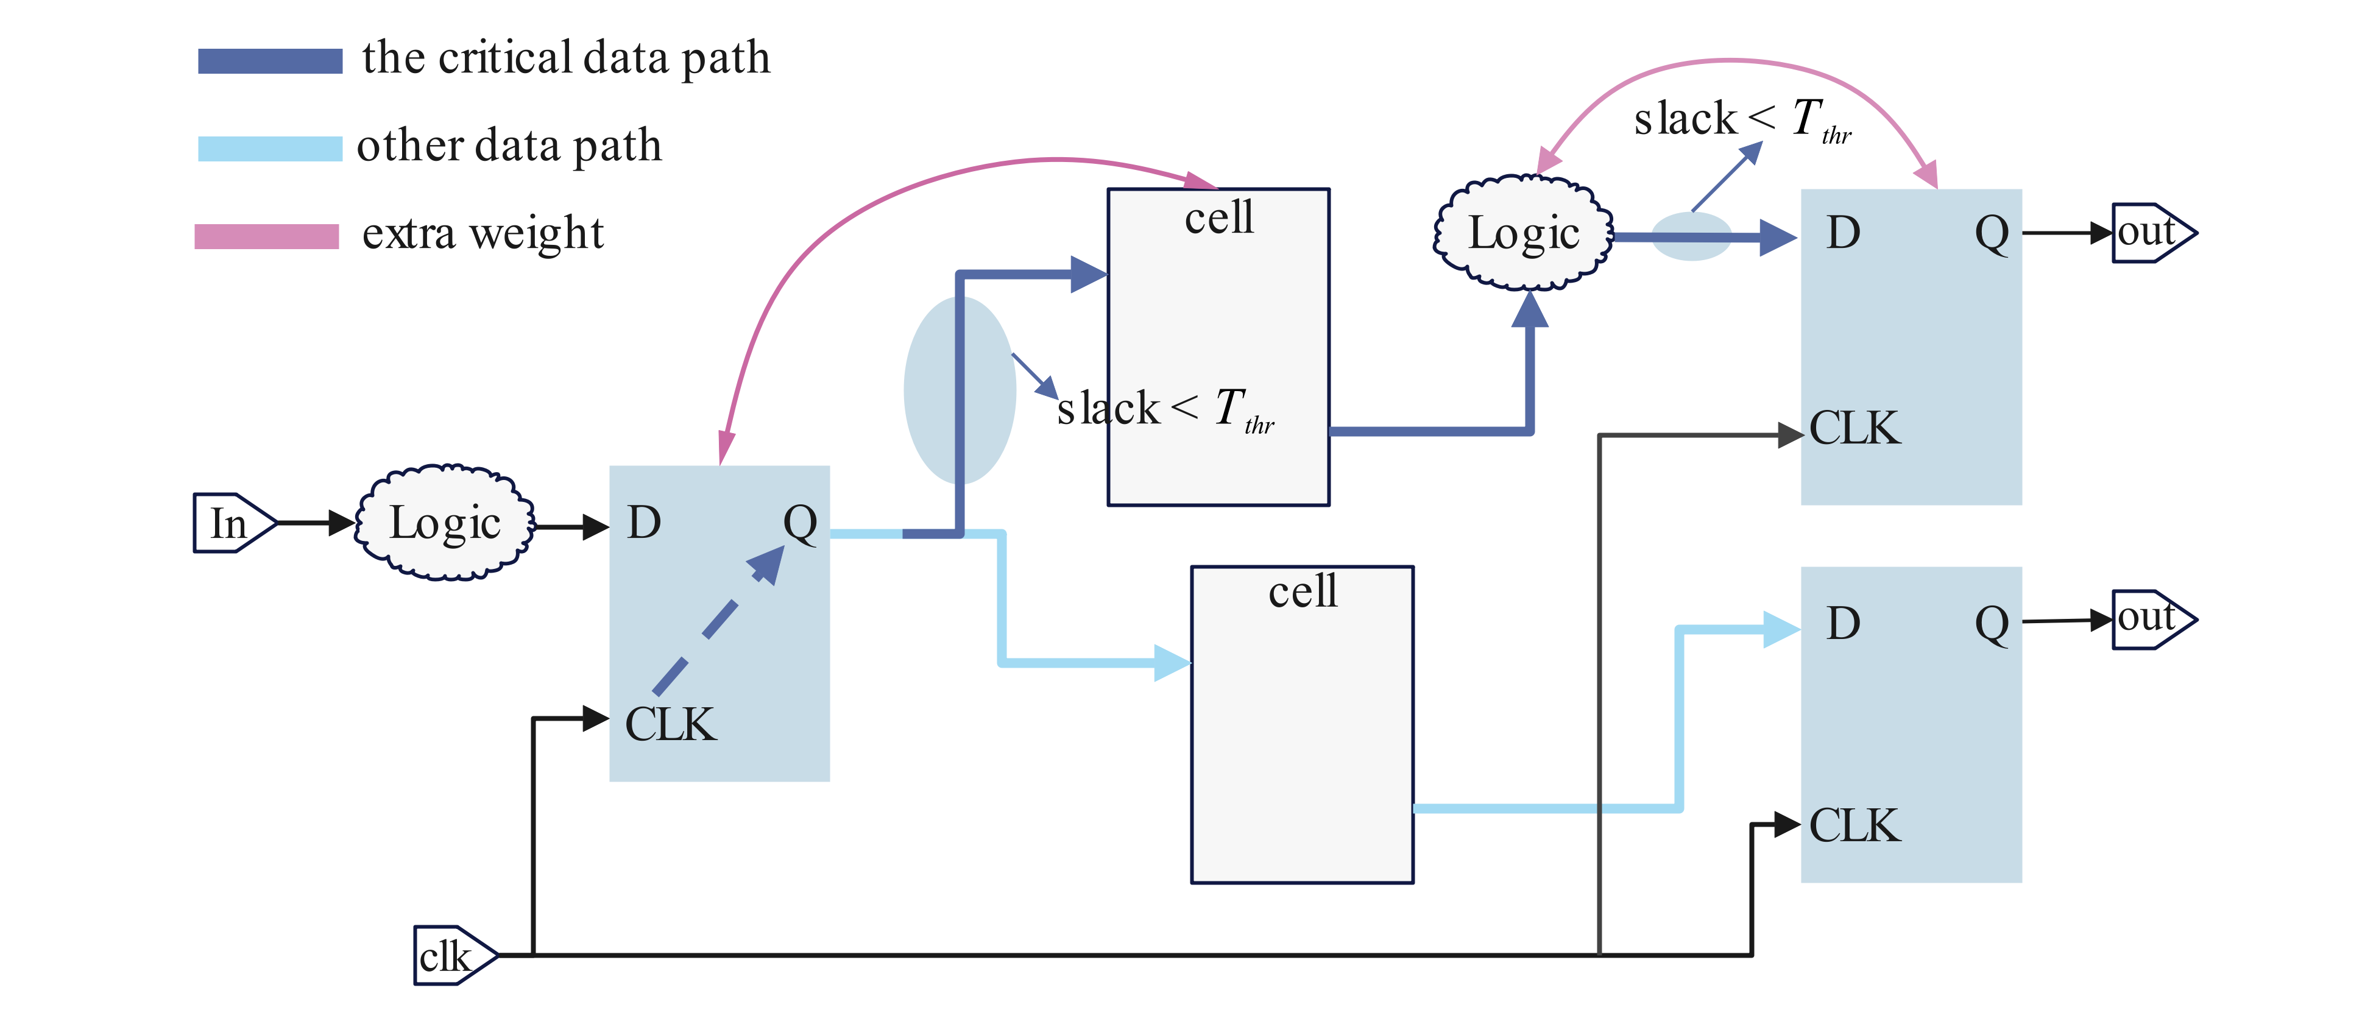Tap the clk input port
453,956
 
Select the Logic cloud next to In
445,523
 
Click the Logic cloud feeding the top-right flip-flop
1524,233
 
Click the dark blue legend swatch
269,61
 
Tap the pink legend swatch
267,236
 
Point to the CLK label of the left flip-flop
670,724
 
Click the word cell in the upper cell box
1218,219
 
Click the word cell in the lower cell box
1301,591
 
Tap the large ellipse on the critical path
960,389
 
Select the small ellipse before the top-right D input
1690,237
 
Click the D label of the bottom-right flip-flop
1843,624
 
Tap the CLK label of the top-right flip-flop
1854,428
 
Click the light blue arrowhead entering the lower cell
1172,662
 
